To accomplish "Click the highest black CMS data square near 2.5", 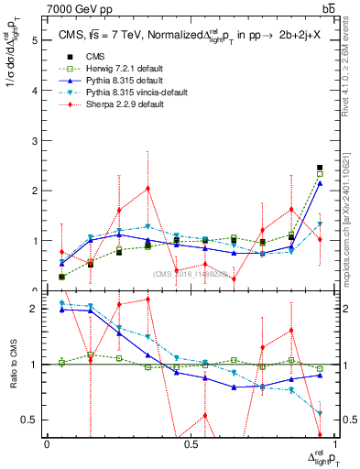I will pos(320,168).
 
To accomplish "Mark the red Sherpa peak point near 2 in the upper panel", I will pos(147,189).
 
